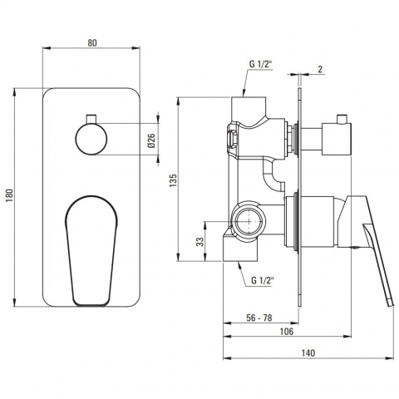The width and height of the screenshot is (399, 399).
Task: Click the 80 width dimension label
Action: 92,43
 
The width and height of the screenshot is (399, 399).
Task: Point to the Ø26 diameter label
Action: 152,140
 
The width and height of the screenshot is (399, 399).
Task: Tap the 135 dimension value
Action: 173,180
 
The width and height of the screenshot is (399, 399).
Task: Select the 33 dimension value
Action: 200,242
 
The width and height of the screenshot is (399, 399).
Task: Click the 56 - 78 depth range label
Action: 259,318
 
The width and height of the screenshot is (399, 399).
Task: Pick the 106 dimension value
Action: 287,332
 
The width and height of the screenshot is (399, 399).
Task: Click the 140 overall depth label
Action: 308,353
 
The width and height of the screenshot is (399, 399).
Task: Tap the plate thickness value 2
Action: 320,69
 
